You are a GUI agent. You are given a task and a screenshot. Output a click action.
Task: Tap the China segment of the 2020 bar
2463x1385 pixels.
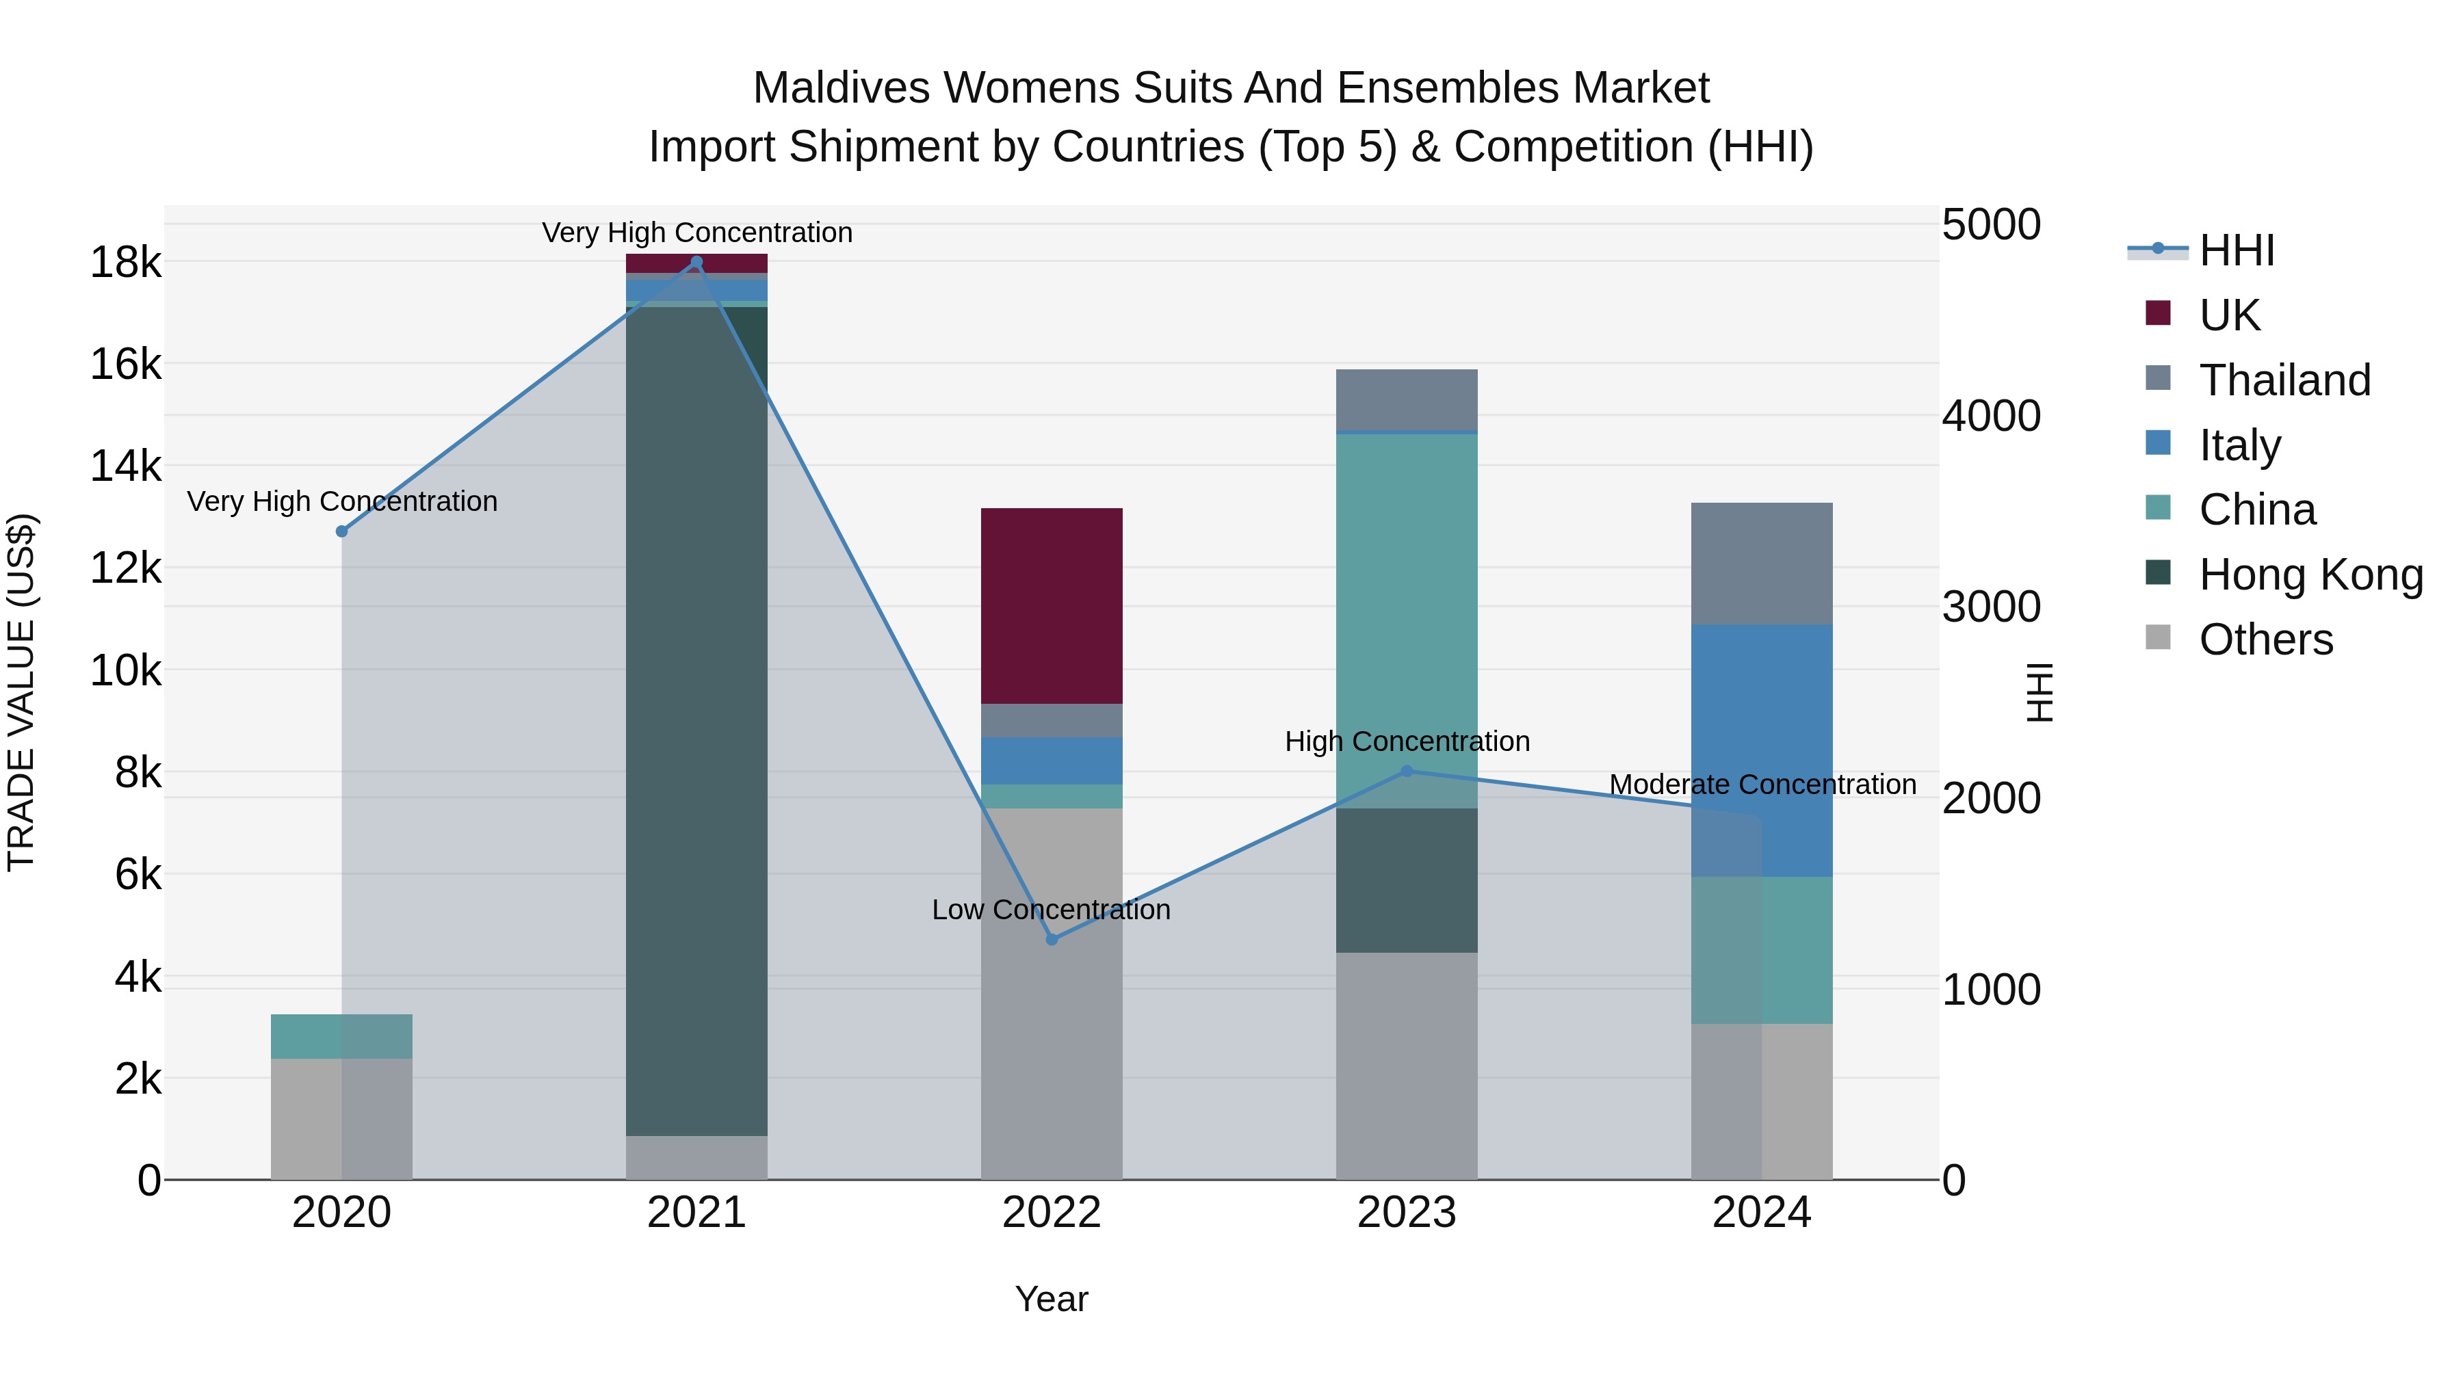pos(341,1036)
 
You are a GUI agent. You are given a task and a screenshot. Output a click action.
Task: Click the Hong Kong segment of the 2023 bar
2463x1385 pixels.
pos(1407,880)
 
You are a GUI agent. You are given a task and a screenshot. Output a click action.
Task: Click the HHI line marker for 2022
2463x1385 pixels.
pos(1052,940)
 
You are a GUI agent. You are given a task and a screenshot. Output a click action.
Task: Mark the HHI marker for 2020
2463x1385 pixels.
pos(341,531)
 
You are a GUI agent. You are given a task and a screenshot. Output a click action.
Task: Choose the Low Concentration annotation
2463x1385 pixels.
pos(1051,910)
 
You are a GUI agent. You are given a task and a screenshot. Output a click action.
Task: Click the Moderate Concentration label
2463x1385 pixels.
pos(1762,784)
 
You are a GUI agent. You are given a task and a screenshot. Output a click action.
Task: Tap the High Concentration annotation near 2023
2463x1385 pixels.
pos(1407,741)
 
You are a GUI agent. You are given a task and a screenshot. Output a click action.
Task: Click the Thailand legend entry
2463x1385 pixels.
pos(2284,380)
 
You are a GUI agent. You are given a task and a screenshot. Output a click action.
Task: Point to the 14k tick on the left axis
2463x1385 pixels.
pos(125,466)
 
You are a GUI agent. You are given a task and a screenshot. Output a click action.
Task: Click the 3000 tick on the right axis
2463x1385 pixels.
pos(1991,607)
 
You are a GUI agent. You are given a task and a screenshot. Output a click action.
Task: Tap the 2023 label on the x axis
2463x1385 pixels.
pos(1407,1213)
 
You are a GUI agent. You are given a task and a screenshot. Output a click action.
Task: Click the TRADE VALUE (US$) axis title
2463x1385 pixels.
pos(21,692)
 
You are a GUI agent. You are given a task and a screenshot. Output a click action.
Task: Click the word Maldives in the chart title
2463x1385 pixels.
pos(842,88)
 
